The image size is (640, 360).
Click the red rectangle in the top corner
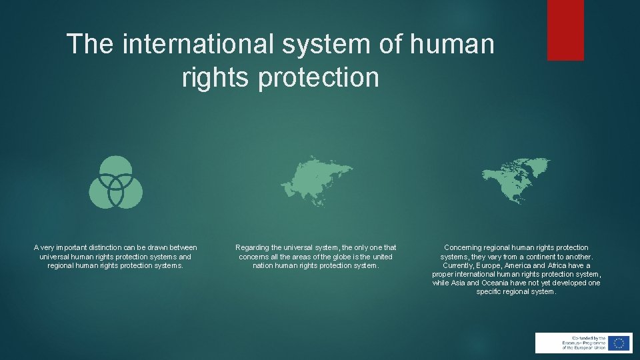[565, 30]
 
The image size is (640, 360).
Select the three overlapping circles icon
[116, 182]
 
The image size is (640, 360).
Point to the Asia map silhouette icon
[317, 180]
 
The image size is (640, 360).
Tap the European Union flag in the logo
[619, 343]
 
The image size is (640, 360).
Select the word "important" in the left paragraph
[64, 248]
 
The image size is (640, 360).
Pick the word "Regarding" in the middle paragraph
[253, 248]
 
